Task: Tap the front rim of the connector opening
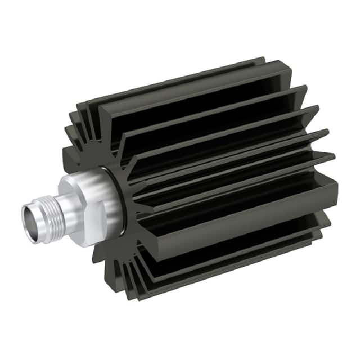click(24, 217)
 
